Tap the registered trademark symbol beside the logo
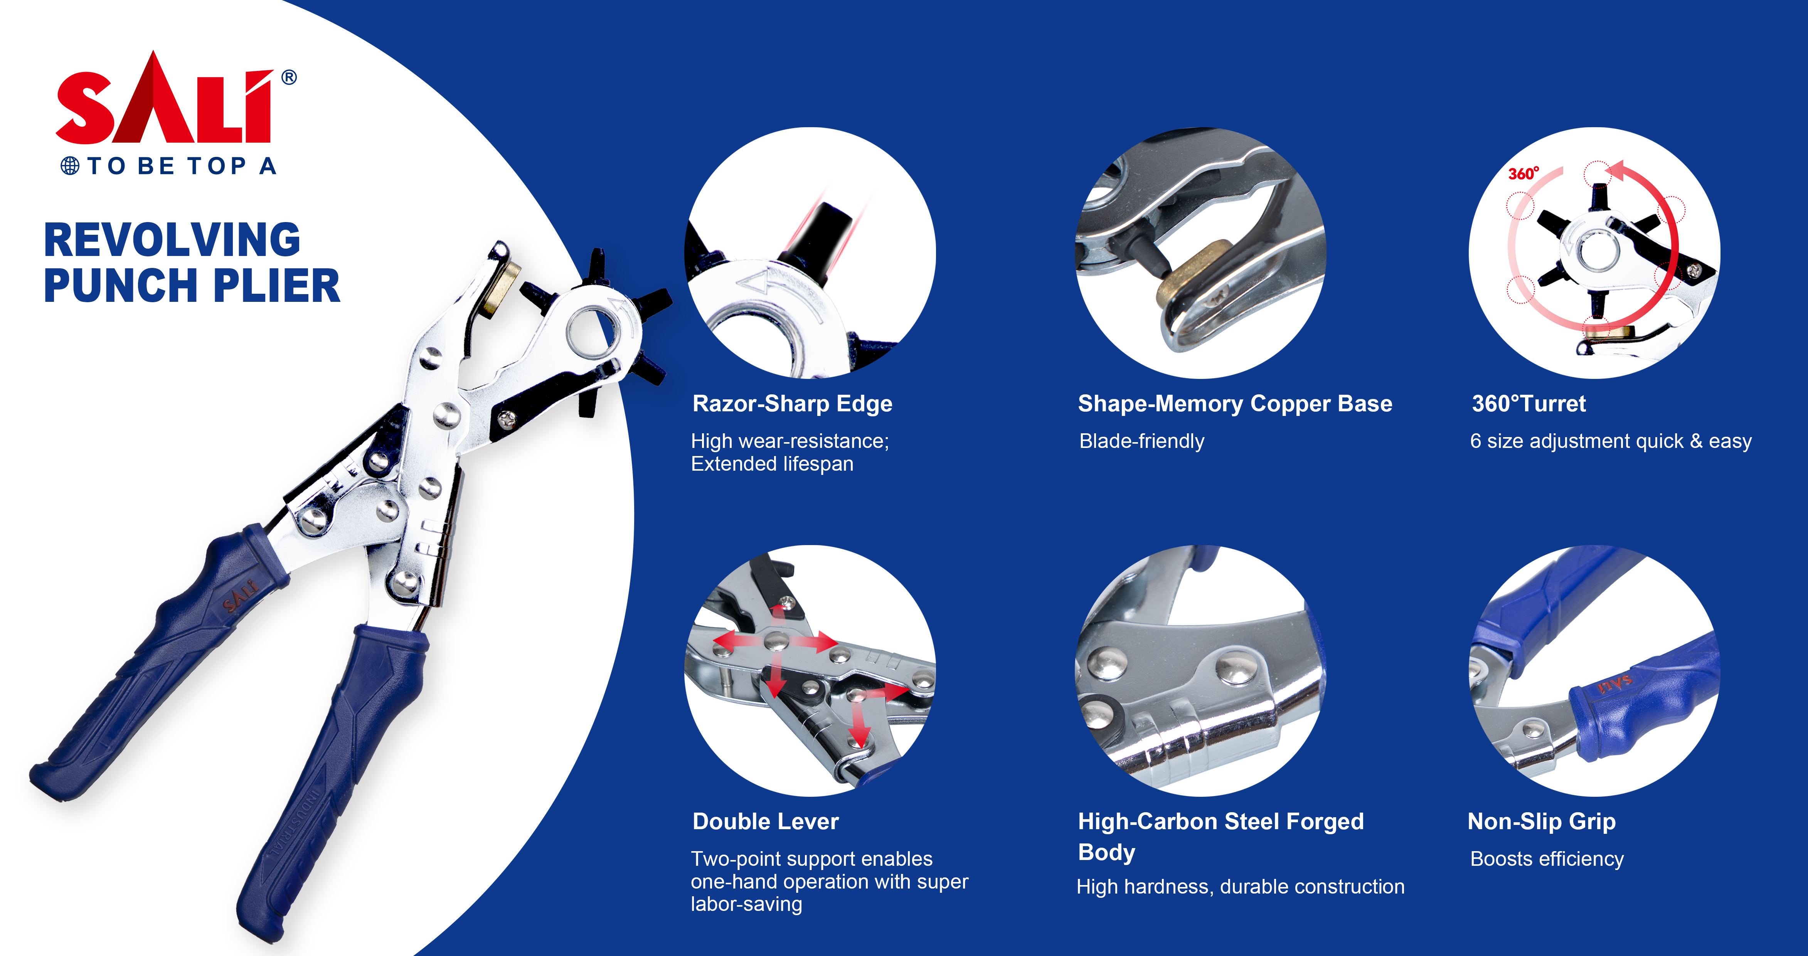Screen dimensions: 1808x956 coord(288,77)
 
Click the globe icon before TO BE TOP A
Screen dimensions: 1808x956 coord(70,166)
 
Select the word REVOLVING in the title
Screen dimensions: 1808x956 coord(172,240)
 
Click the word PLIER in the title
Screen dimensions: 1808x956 coord(276,286)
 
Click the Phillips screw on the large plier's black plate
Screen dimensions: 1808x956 coord(507,420)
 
